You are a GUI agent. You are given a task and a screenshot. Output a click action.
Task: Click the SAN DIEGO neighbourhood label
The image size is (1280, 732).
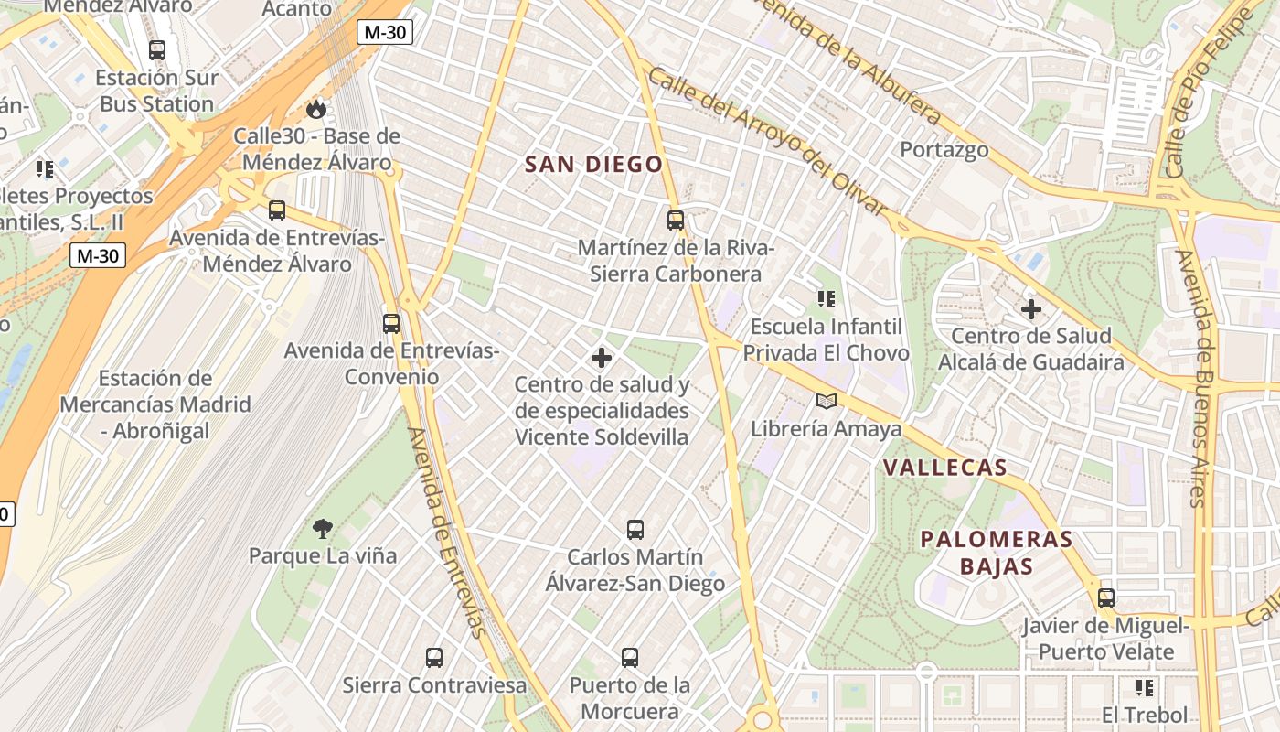[593, 165]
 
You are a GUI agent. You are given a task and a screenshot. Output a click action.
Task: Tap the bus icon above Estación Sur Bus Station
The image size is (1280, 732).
[157, 49]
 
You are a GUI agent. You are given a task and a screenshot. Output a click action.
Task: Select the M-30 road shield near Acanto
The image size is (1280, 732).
[385, 33]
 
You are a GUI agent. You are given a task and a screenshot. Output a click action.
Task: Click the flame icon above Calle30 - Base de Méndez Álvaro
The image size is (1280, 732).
[316, 109]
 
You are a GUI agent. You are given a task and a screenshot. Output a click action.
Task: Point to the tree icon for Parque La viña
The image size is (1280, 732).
[322, 528]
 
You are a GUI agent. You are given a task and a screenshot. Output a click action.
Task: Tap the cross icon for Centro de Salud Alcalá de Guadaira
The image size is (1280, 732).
[1031, 309]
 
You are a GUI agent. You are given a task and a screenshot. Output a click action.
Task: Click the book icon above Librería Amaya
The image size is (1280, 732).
[826, 401]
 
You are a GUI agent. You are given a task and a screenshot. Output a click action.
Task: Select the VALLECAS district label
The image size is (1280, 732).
[944, 468]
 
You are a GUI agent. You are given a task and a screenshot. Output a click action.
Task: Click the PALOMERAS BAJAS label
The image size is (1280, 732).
[996, 552]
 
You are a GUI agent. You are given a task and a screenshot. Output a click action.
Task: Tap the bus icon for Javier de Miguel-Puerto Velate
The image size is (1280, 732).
[1106, 598]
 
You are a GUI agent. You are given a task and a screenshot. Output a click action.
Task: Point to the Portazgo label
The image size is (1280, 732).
[944, 149]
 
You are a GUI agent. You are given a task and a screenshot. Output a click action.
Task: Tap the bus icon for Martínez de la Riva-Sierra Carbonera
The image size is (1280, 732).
[676, 220]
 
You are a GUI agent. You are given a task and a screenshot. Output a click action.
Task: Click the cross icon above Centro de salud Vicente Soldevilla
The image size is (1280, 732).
[602, 357]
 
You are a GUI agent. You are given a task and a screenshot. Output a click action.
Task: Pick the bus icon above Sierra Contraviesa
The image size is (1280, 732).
[434, 657]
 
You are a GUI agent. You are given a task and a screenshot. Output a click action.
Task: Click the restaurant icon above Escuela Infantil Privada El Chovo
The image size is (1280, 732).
[827, 298]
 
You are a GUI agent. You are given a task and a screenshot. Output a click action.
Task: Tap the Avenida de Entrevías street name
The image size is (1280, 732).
[444, 531]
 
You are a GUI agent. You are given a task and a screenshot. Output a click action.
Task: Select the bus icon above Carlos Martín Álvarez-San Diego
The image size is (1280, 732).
[635, 529]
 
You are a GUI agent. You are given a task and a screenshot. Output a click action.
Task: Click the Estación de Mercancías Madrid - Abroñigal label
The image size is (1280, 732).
[155, 404]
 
